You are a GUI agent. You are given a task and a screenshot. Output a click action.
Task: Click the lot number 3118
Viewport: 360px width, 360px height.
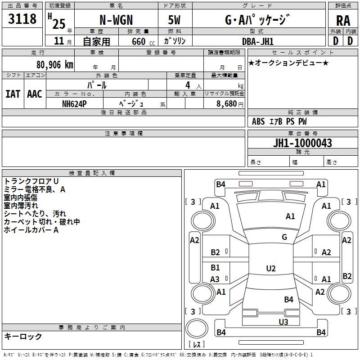coord(22,18)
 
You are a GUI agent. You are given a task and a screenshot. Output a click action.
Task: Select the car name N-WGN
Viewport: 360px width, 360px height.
coord(116,20)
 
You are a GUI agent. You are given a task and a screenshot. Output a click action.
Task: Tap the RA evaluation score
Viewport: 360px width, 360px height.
coord(343,21)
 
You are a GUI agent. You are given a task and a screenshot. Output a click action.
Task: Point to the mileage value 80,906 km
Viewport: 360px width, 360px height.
coord(54,65)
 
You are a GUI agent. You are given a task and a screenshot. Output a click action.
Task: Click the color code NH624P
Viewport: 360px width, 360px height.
coord(74,104)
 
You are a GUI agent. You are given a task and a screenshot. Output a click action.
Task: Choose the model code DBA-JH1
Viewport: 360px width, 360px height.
coord(257,41)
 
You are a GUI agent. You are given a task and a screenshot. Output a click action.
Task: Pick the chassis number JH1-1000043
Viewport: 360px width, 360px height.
coord(302,143)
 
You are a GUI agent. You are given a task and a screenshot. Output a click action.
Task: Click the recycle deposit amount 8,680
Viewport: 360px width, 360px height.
coord(226,103)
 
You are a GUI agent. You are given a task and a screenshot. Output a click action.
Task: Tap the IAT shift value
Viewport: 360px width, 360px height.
coord(13,94)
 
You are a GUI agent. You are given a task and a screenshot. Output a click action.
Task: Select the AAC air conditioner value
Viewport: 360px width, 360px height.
coord(35,94)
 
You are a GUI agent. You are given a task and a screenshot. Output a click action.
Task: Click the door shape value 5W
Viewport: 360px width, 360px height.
coord(174,20)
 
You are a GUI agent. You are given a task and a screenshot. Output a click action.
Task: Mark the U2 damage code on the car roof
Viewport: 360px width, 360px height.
coord(271,268)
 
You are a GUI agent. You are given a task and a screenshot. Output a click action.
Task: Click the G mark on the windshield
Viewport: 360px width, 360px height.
coord(284,237)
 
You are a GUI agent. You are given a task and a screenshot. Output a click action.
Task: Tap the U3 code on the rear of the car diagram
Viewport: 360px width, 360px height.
coord(283,322)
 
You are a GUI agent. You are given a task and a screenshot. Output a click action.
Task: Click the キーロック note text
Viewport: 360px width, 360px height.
coord(23,336)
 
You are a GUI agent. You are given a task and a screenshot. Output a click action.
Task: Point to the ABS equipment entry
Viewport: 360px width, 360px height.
coord(258,121)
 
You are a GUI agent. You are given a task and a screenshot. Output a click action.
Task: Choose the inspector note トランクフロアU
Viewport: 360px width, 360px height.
coord(31,181)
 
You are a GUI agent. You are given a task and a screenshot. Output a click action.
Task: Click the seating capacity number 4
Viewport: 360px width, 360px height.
coord(188,85)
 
